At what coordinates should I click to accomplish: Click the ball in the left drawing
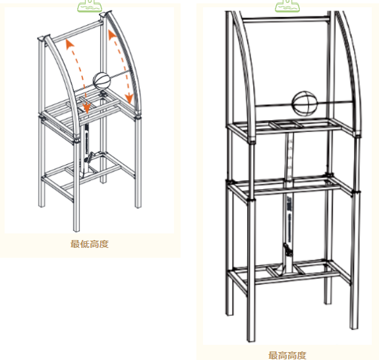click(x=102, y=80)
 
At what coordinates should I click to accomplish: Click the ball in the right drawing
click(x=305, y=104)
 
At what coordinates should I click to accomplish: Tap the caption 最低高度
click(x=90, y=244)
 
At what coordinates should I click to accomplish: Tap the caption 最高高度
click(x=287, y=355)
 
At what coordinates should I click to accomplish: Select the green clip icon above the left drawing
click(x=90, y=6)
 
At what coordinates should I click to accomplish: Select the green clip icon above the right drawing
click(x=287, y=6)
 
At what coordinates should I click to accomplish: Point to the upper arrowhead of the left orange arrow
click(x=70, y=44)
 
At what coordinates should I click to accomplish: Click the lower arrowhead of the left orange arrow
click(x=87, y=108)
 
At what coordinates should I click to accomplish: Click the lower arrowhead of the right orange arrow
click(x=129, y=98)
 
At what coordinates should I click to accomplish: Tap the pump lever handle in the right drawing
click(x=287, y=250)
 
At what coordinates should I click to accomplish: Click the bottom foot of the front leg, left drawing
click(x=76, y=229)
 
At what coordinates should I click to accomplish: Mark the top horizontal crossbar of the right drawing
click(x=286, y=20)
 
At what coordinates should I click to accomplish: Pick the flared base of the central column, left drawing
click(x=86, y=173)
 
